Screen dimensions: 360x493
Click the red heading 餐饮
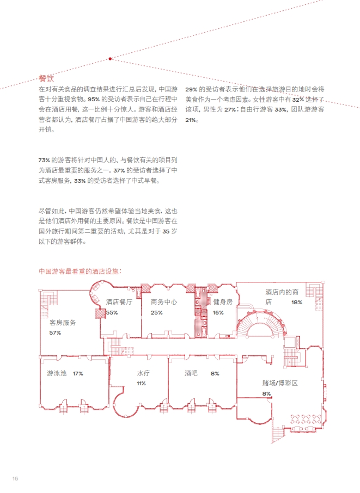point(46,78)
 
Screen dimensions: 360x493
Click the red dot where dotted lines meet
point(110,59)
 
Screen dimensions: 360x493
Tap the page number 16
point(15,478)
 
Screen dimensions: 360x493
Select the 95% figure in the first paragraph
point(94,100)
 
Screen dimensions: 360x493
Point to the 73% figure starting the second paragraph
point(44,161)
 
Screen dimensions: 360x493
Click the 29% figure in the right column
point(191,90)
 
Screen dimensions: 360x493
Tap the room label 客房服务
point(63,323)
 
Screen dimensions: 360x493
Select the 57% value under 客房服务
point(55,332)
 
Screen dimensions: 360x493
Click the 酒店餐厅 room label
point(119,302)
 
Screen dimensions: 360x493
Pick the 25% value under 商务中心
point(156,312)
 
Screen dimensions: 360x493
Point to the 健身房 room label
point(223,302)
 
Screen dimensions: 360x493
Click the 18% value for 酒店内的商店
point(296,303)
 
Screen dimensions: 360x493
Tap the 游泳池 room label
point(57,373)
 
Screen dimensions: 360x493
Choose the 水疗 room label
point(143,373)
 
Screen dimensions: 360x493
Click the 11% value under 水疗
point(141,384)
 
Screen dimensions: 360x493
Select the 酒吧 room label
point(191,373)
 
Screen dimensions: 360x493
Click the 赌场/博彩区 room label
point(280,383)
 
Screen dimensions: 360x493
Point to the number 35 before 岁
point(166,231)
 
